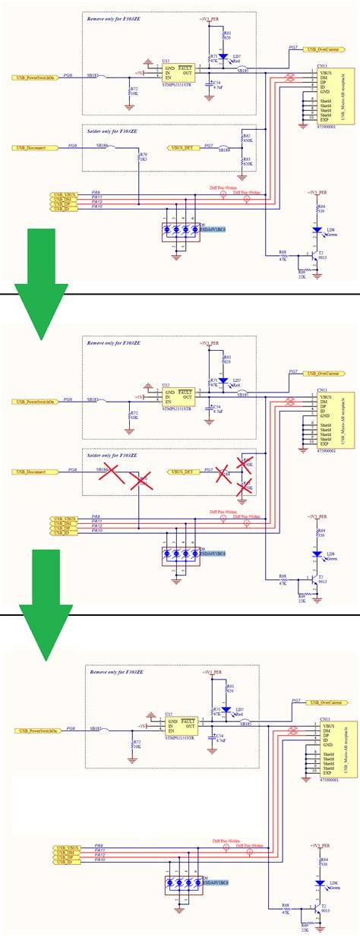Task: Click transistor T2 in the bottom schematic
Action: tap(319, 887)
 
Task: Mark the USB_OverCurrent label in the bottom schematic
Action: tap(324, 702)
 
